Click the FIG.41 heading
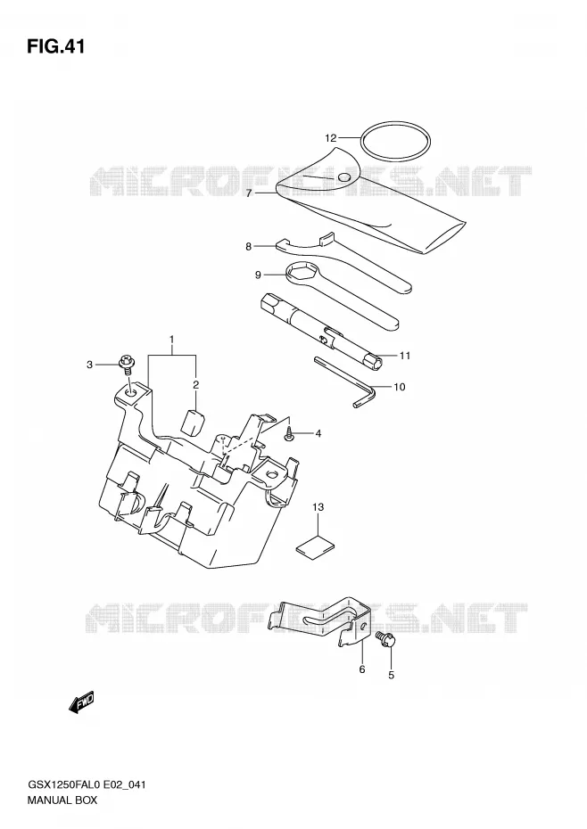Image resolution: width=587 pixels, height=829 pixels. pos(55,47)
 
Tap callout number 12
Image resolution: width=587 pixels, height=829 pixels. pos(330,138)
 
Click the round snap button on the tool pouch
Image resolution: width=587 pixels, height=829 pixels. pos(344,177)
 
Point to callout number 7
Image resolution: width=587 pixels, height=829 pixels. pos(249,193)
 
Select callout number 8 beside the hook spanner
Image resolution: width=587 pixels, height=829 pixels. pos(249,246)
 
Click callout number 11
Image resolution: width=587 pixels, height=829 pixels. pos(404,356)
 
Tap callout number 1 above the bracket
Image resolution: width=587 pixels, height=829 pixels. pos(171,339)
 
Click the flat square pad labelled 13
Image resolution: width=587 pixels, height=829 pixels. pos(316,546)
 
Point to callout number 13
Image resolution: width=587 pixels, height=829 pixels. pos(318,507)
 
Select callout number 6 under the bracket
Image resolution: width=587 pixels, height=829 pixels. pos(362,669)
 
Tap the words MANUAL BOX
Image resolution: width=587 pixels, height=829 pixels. pos(62,800)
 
